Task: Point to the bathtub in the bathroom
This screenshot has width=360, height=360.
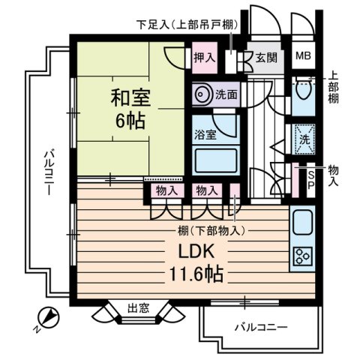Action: (x=214, y=161)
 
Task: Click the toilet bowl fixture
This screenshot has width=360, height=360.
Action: (x=303, y=94)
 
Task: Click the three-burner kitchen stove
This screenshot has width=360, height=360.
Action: (x=304, y=257)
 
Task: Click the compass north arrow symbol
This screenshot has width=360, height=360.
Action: (x=47, y=317)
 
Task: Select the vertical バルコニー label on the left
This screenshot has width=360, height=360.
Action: (x=46, y=172)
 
